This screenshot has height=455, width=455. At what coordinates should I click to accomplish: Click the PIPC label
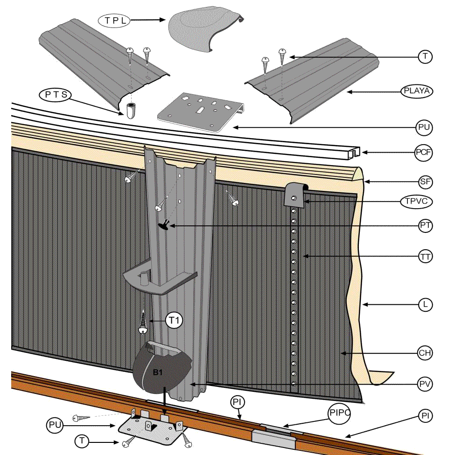point(339,413)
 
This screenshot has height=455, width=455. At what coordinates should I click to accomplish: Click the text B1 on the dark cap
point(158,372)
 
